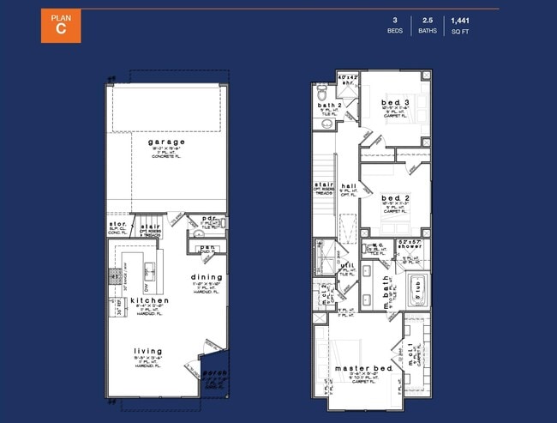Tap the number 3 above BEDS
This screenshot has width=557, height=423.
click(396, 19)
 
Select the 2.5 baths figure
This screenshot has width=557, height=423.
click(427, 19)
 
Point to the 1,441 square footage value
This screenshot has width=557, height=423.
click(461, 19)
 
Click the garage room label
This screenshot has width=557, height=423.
click(166, 142)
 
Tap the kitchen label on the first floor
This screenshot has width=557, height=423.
click(150, 300)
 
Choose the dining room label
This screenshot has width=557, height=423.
click(207, 277)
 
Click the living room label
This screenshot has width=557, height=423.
click(149, 351)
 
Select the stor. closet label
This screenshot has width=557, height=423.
click(117, 226)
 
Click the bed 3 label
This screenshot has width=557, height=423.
click(395, 103)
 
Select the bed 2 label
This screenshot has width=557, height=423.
click(395, 198)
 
